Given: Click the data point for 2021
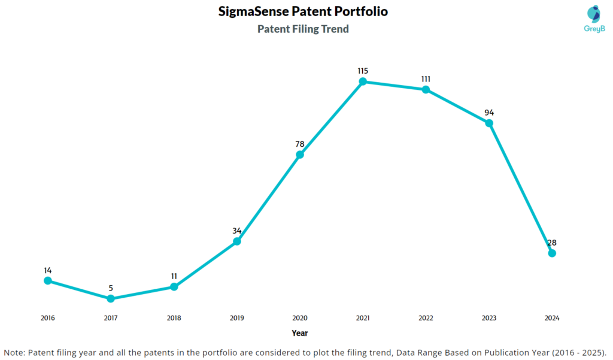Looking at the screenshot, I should coord(363,81).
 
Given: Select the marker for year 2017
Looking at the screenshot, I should coord(111,298).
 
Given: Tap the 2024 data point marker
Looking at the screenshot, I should coord(552,253).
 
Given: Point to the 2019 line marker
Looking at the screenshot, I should coord(237,241).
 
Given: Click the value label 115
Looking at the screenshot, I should coord(363,71).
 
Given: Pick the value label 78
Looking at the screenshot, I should coord(300,144).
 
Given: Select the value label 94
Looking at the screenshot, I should coord(489,113).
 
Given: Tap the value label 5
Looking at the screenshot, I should coord(111,288).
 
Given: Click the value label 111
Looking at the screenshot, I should coord(426,79).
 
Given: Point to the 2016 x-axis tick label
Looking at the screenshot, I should coord(48,318).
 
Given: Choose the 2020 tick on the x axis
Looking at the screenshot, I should coord(300,318).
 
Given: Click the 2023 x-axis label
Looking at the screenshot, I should coord(489,318).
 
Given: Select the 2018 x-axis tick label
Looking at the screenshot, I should coord(174,318).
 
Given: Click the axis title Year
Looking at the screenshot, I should coord(300,333).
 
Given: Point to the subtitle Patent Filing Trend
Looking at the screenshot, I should coord(303,29).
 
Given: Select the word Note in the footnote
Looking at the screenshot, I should coord(14,351).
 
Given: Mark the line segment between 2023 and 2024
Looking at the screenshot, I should coord(521,188).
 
